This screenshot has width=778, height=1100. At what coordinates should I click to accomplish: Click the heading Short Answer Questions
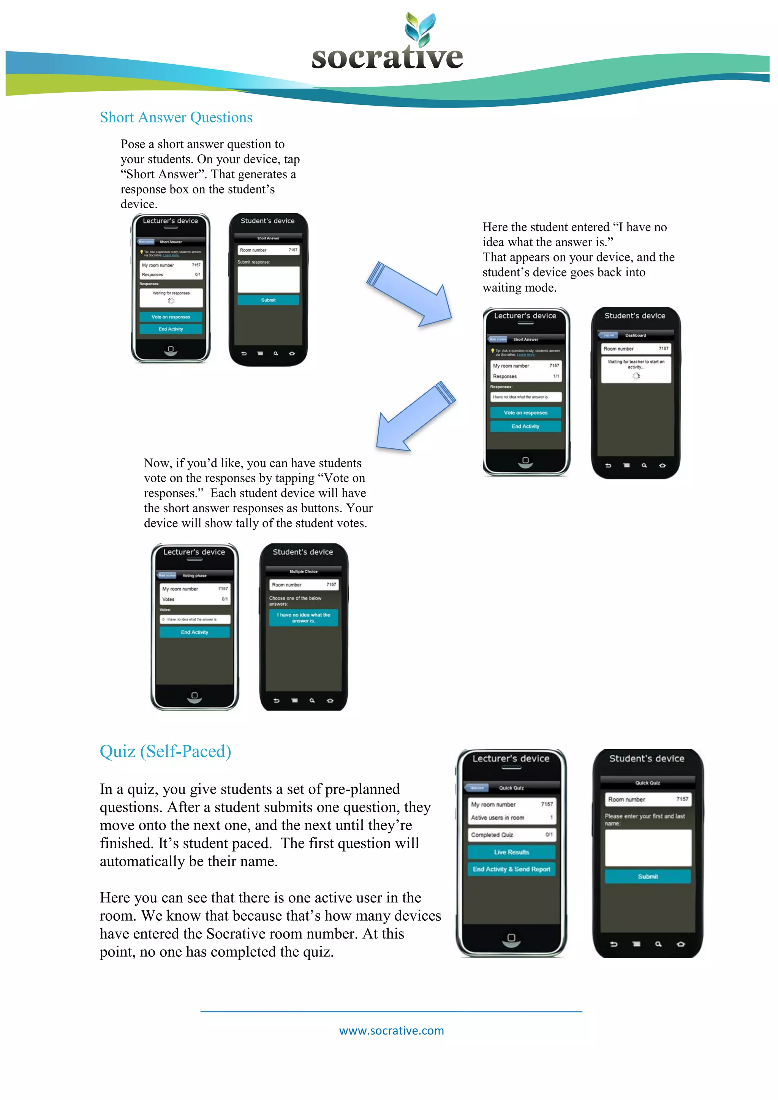click(x=176, y=117)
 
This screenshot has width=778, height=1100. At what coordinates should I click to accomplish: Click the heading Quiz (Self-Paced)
click(x=165, y=751)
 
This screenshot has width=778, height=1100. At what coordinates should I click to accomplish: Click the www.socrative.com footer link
click(x=391, y=1030)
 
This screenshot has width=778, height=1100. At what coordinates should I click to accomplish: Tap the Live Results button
click(x=511, y=852)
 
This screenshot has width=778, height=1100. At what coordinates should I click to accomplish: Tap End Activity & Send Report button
click(x=511, y=869)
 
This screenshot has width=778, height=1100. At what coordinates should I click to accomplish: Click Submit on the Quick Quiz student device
click(x=647, y=877)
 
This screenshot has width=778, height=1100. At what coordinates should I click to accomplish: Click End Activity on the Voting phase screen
click(x=194, y=632)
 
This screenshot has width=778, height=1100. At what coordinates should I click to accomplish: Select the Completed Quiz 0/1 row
click(x=511, y=834)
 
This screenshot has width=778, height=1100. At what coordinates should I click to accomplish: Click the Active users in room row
click(x=511, y=818)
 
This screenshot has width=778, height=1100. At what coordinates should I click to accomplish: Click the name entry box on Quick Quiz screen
click(x=648, y=848)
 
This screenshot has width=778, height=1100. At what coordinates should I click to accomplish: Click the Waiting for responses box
click(x=171, y=297)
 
